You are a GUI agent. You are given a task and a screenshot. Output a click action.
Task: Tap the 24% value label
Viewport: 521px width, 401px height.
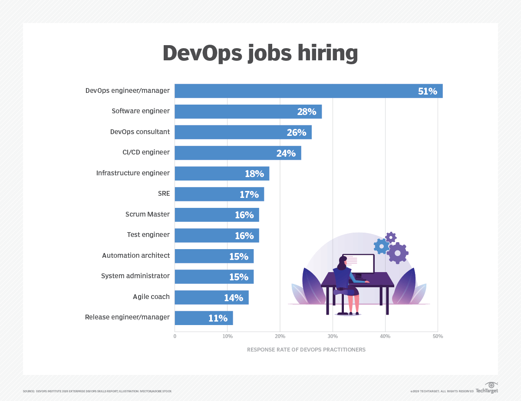286,153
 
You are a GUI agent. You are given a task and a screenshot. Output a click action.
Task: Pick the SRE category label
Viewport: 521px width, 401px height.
164,194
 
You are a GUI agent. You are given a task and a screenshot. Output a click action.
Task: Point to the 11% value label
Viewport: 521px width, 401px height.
218,318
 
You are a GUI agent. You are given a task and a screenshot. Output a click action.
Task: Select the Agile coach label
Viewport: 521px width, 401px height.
151,297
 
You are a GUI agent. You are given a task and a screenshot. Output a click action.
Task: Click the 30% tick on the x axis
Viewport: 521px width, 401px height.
333,336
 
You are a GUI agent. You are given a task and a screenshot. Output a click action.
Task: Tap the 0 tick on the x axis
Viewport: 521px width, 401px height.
175,336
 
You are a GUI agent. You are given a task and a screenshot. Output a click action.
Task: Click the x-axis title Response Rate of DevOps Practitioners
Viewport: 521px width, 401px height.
306,349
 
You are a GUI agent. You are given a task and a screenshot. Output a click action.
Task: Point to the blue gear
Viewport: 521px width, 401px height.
381,246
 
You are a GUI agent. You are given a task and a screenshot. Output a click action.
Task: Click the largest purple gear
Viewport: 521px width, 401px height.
397,253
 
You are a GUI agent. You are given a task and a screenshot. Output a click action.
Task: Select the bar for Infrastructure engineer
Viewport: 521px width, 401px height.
222,174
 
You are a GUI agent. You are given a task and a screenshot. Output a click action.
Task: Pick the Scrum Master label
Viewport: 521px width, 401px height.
147,214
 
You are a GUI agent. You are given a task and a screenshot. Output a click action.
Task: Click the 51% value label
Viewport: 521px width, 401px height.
427,91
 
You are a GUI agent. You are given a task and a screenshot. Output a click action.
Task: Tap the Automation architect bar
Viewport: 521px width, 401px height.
214,256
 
